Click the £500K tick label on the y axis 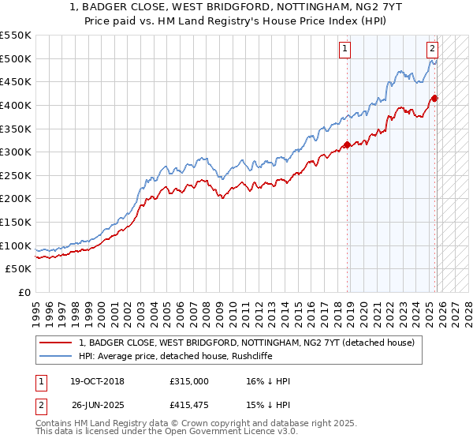[x=16, y=58]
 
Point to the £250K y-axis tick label [x=16, y=175]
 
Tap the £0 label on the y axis [x=24, y=292]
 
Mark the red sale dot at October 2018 [x=347, y=145]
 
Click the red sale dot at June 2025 [x=434, y=98]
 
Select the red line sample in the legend [x=56, y=343]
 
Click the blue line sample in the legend [x=56, y=356]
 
